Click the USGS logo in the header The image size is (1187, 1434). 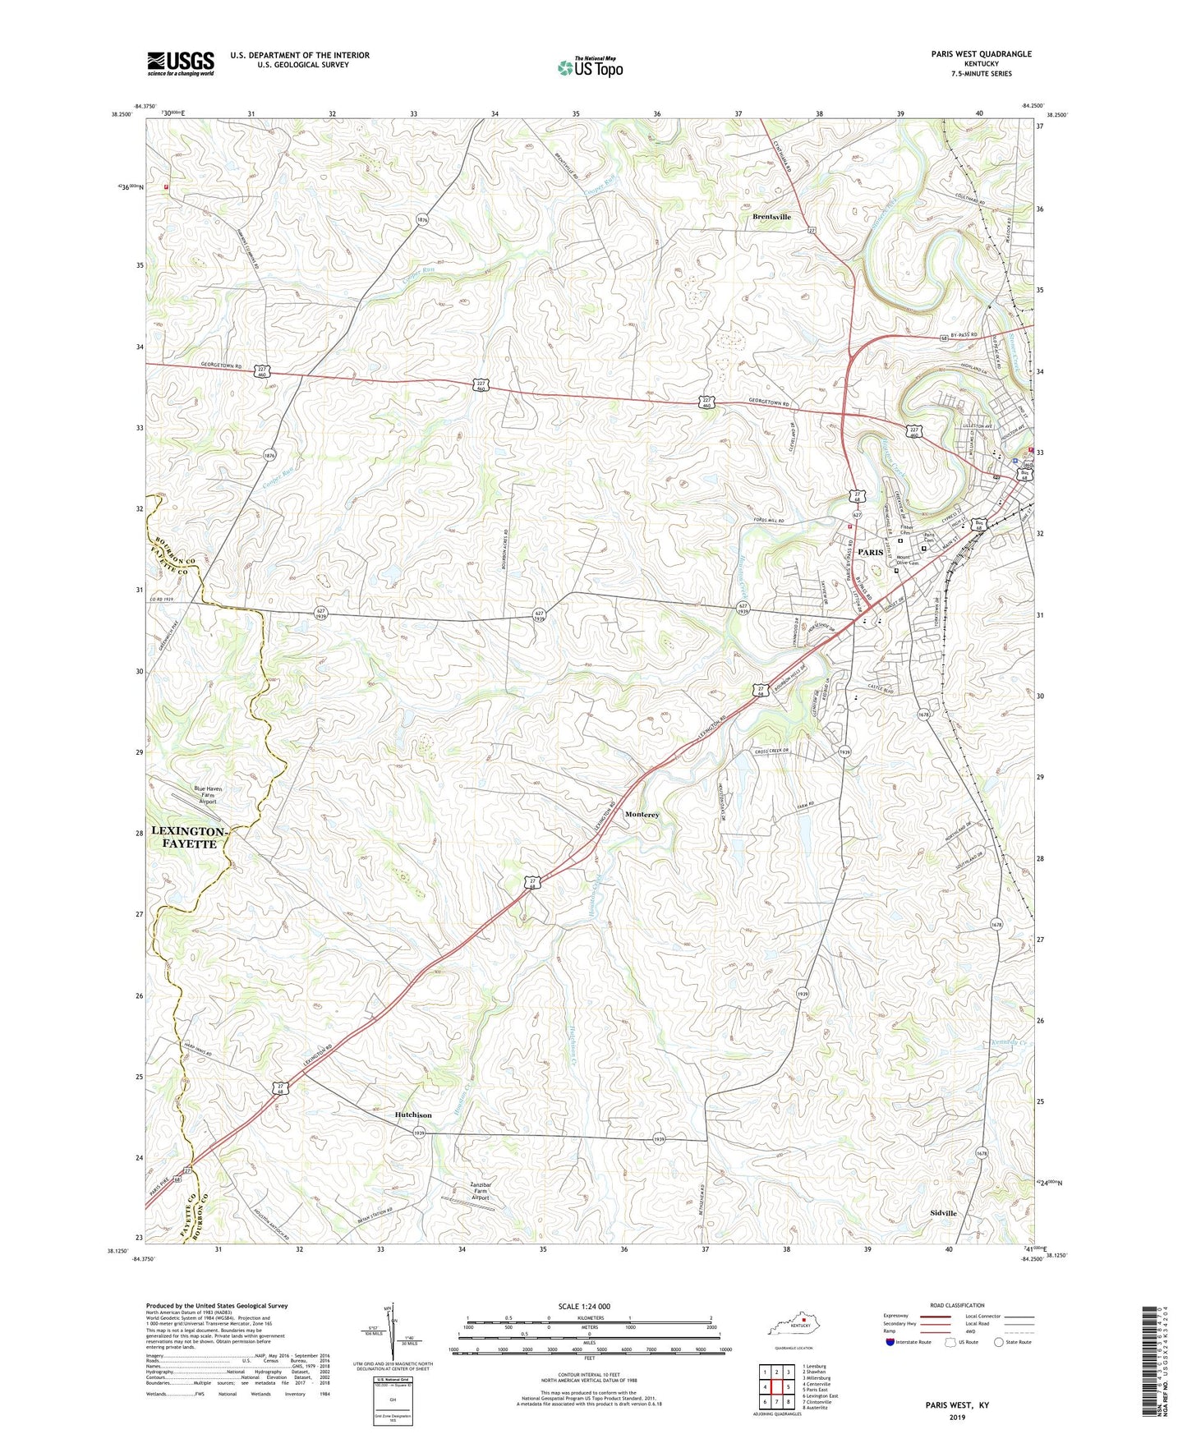181,63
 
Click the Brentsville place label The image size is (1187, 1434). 771,217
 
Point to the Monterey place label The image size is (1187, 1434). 642,815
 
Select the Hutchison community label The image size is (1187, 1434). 412,1115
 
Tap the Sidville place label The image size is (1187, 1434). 943,1213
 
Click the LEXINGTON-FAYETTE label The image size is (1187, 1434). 188,838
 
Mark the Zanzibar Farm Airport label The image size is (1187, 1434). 480,1191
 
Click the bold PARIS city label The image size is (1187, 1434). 870,552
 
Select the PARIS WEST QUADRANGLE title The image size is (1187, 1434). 981,54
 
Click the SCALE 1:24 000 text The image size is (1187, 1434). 589,1307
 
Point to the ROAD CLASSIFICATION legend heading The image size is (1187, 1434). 957,1305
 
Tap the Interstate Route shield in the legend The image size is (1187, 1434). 890,1342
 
